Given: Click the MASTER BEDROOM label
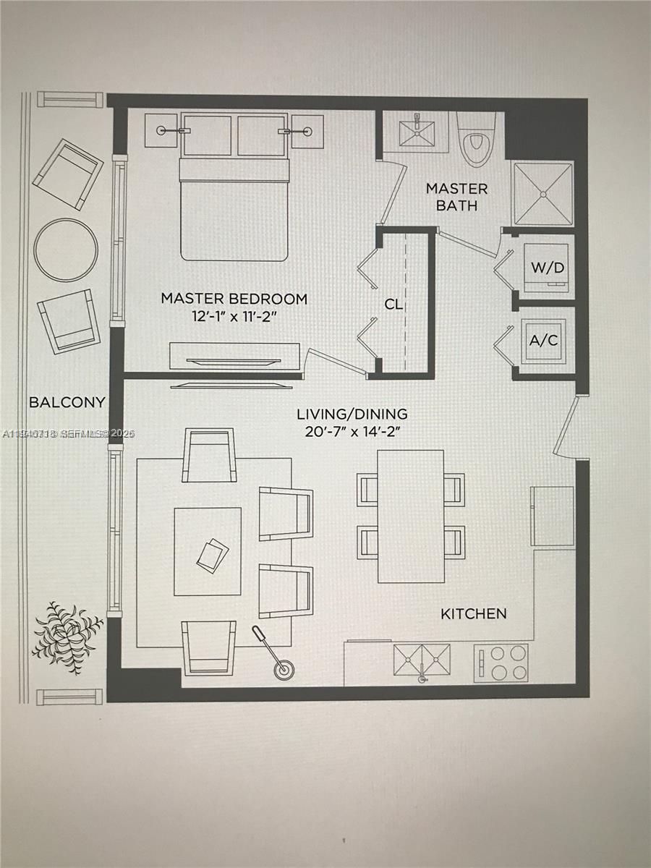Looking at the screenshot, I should pos(234,298).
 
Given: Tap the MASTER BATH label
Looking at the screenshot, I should pos(456,197).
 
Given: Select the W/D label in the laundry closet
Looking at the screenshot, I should pos(547,267).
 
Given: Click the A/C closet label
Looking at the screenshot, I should pos(543,340).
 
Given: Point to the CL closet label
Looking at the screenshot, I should pos(393,305).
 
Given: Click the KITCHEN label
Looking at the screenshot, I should pos(474,613).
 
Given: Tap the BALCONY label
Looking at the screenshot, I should pos(67,402).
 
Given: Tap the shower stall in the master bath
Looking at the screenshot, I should pos(542,193).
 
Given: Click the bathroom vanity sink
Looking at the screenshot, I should pos(417,132).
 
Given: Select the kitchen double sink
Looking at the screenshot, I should pos(422,660).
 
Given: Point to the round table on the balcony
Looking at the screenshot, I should pos(66,250).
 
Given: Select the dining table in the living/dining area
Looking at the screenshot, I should pos(410,516).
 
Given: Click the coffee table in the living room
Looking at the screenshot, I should pos(208,551).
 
